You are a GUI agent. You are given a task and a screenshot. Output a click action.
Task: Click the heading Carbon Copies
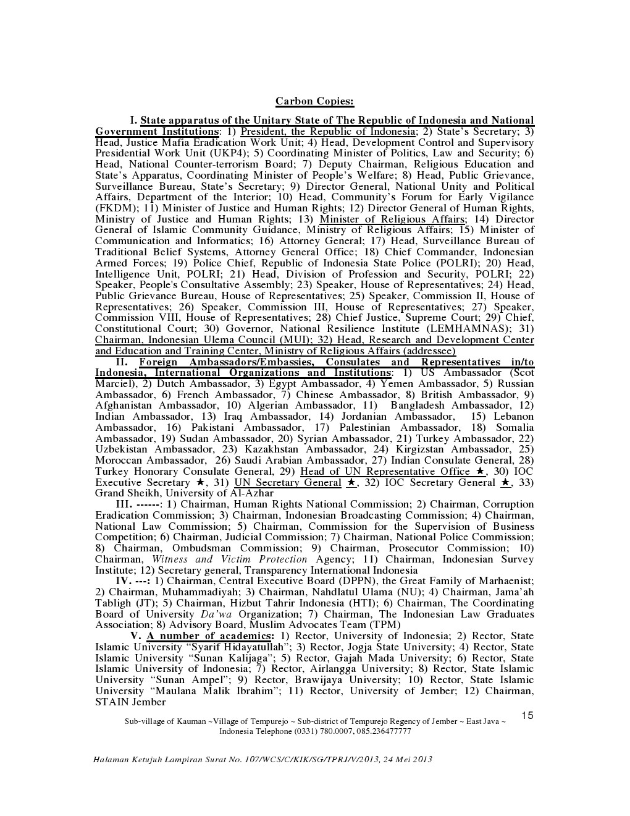pos(314,101)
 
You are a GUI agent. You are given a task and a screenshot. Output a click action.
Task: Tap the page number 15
pos(527,716)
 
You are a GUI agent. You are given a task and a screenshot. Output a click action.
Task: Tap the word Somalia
pos(514,428)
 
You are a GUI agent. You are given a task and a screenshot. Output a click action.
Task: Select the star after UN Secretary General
pos(350,482)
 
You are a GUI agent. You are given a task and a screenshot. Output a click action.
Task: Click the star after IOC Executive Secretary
pos(200,482)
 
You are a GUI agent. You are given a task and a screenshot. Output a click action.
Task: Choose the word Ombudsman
pos(201,548)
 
